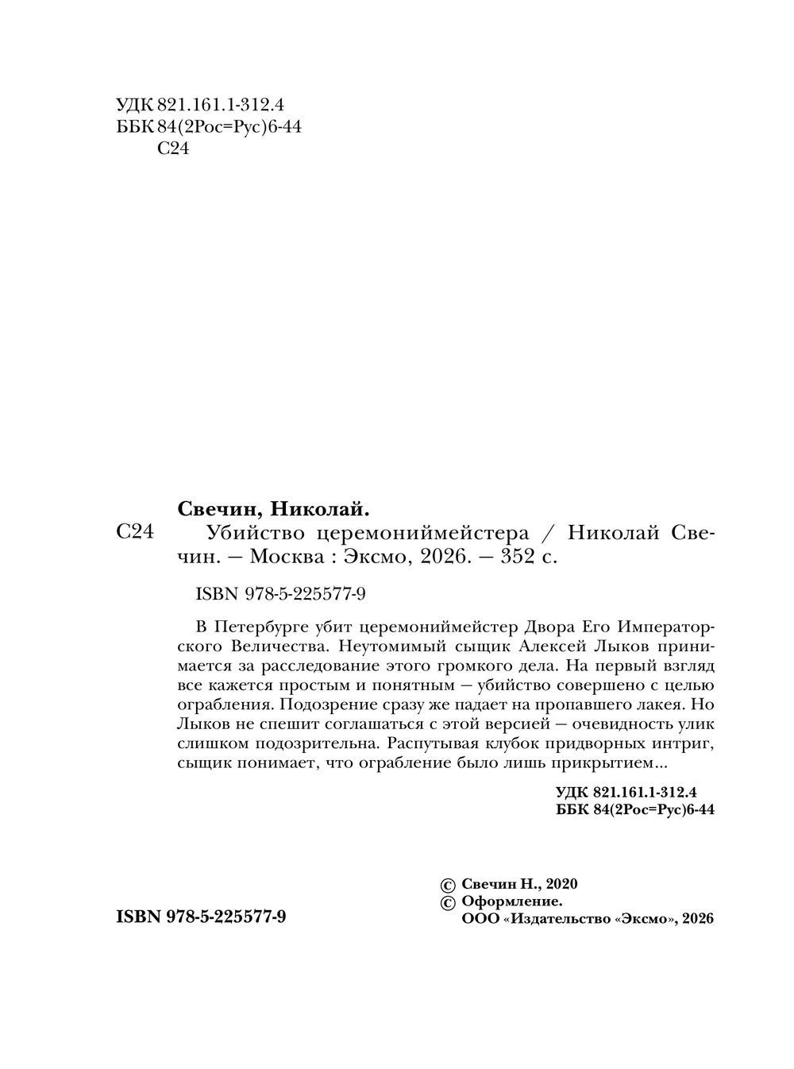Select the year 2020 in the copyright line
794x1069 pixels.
click(561, 884)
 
